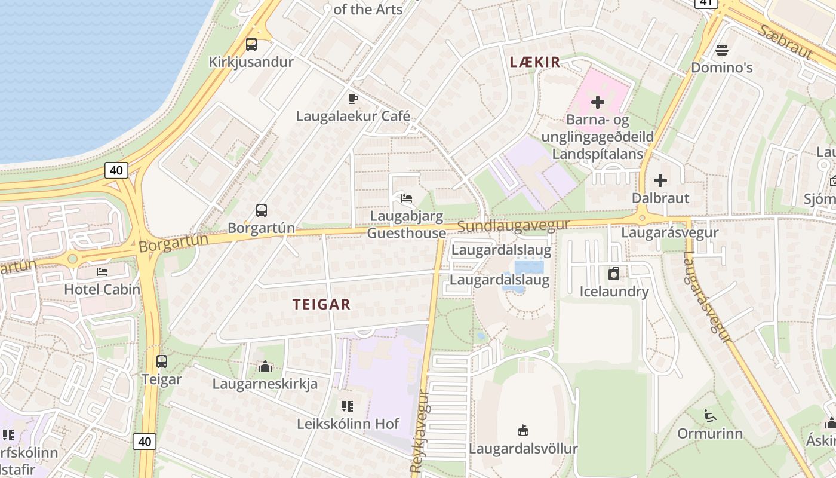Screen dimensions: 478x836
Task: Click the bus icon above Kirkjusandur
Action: [251, 44]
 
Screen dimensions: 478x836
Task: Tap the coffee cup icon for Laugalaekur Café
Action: [353, 99]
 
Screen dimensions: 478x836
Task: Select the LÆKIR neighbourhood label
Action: [535, 62]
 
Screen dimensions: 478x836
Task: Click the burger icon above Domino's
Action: [722, 50]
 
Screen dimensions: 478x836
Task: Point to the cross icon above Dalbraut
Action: [660, 180]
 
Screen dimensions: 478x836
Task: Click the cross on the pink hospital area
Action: [597, 102]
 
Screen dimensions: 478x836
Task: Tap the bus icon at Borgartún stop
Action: [262, 210]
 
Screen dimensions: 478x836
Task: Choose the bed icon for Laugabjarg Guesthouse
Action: [407, 198]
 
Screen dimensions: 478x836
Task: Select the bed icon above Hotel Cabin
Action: [102, 272]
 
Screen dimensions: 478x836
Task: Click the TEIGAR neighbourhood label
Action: [321, 304]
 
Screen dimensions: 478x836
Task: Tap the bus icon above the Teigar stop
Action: [161, 361]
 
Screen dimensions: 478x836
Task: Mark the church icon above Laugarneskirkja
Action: [265, 366]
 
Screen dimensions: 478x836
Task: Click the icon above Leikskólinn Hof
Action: [348, 407]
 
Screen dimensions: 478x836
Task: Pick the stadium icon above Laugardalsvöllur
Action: [523, 431]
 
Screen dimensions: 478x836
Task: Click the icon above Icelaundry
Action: [613, 274]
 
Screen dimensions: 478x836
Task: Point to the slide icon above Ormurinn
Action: [709, 415]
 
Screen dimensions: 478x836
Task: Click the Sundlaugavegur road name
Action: [514, 226]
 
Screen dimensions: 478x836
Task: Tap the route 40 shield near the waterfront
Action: [116, 170]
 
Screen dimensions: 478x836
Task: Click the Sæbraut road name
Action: [785, 42]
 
